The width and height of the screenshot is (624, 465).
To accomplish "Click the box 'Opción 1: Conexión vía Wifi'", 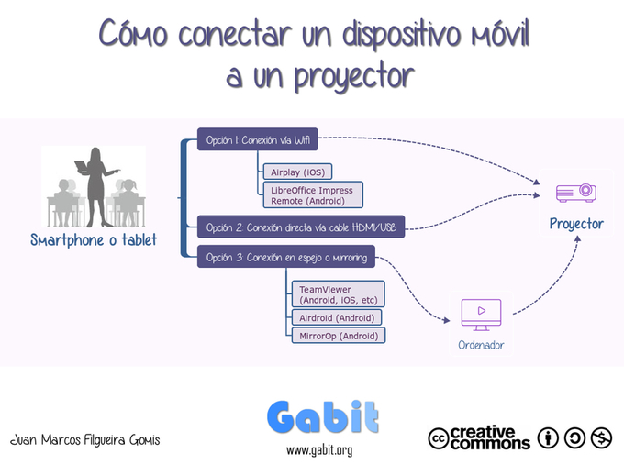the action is (x=258, y=139).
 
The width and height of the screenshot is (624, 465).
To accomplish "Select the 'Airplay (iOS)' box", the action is (x=297, y=172).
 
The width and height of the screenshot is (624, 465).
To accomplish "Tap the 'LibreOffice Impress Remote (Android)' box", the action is (x=313, y=195).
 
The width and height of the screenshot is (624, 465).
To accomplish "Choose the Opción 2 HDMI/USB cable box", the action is (x=301, y=227).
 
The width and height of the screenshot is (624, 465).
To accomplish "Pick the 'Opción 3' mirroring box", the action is (x=286, y=257).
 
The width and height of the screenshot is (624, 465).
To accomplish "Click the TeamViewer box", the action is (x=338, y=294).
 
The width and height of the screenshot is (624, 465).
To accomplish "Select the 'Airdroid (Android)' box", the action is (x=336, y=317).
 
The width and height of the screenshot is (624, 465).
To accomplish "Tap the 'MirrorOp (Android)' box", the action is (x=339, y=336).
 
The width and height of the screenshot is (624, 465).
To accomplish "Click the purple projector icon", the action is (x=576, y=193).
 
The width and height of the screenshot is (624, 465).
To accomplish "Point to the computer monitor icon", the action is (x=481, y=315).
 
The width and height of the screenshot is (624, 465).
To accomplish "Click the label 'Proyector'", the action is (x=576, y=224).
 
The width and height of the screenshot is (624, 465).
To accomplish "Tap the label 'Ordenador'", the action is (x=481, y=345).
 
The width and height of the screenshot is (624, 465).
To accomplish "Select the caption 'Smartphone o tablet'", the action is (x=94, y=240).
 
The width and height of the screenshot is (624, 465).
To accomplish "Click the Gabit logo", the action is (x=322, y=417).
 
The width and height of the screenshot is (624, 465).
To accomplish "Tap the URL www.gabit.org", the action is (x=319, y=450).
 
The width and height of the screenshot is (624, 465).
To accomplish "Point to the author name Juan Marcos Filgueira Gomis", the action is (x=84, y=439).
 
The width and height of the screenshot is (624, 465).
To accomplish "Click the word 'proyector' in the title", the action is (x=354, y=76).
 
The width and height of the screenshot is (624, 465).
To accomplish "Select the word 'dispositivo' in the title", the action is (x=402, y=34).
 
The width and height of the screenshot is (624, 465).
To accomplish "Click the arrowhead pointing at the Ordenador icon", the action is (x=446, y=320).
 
